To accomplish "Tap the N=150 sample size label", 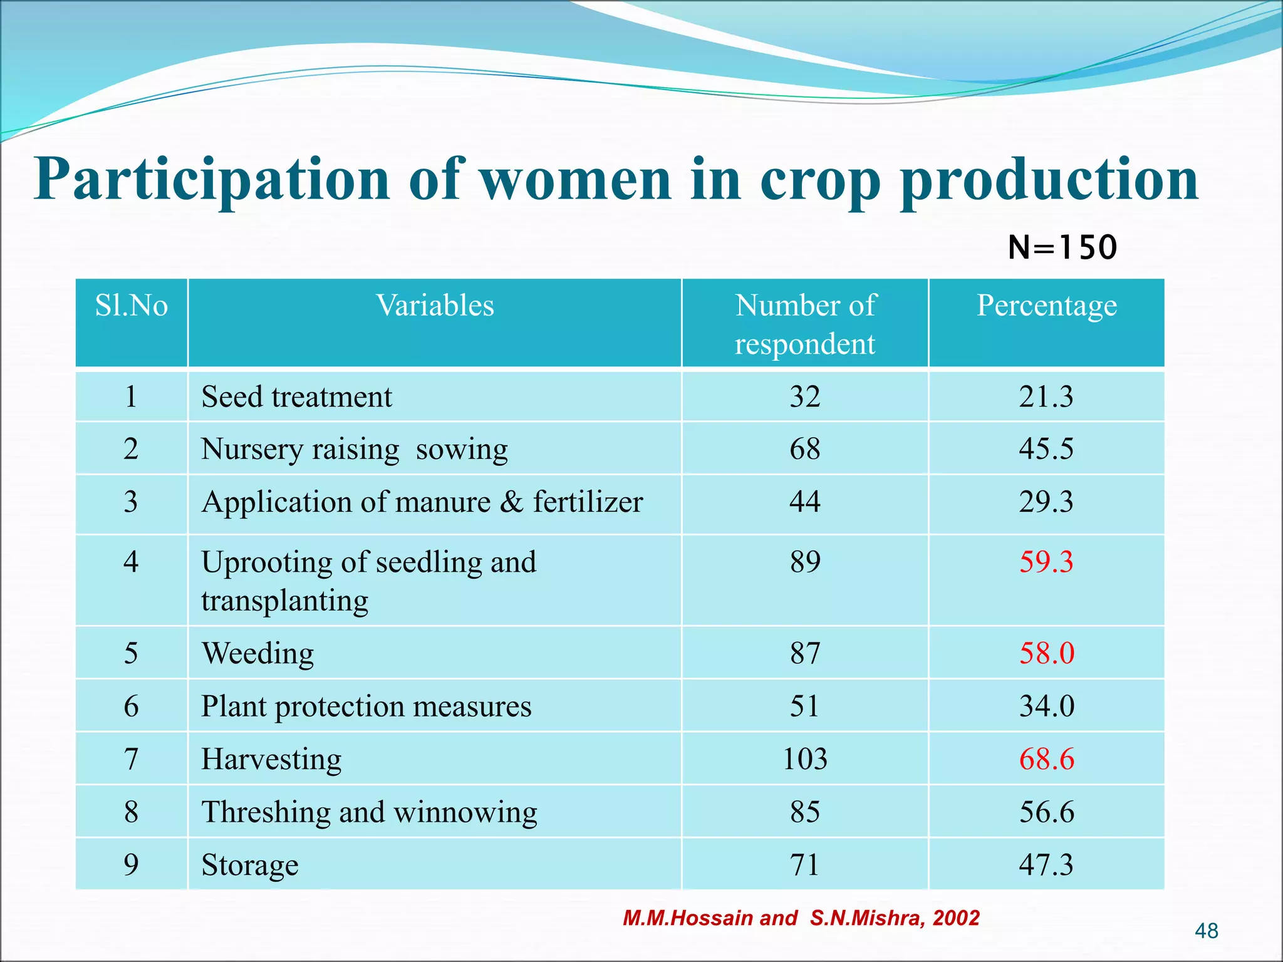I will (1062, 247).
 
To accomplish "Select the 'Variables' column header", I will (435, 306).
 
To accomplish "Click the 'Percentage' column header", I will (1046, 306).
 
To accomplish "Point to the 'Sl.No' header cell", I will (131, 306).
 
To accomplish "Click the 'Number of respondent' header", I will (805, 324).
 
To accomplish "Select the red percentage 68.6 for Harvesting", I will (1046, 759).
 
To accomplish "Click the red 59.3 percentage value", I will (1046, 562).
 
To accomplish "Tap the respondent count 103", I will (805, 759).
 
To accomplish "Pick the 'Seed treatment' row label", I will (296, 397).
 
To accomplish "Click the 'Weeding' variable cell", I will (257, 653).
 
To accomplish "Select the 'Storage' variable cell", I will (249, 865).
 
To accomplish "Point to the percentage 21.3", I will (1046, 397).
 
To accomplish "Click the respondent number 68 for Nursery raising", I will (805, 449).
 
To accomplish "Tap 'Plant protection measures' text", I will (366, 706).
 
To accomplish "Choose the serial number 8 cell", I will (131, 812).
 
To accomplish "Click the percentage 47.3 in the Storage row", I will (1046, 865).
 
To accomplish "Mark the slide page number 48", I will (1206, 931).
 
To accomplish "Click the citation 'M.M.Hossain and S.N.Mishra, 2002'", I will (801, 918).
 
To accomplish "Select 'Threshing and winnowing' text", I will (369, 812).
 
